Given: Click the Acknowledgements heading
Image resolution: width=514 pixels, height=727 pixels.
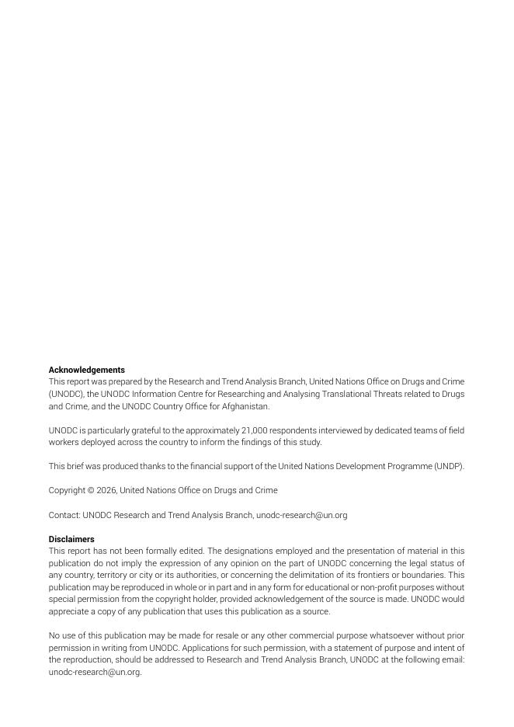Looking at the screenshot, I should (86, 370).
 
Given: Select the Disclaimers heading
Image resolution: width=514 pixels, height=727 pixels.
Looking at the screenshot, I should (71, 539).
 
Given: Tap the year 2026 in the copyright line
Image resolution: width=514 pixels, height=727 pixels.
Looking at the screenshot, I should (106, 491).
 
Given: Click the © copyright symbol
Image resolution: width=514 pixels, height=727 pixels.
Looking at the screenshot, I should (90, 491).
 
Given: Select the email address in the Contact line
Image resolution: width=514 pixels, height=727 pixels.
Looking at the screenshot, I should (301, 515).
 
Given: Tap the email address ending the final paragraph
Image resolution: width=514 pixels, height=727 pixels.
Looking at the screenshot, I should (94, 672).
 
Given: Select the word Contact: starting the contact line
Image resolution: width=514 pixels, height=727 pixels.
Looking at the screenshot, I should (64, 515).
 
